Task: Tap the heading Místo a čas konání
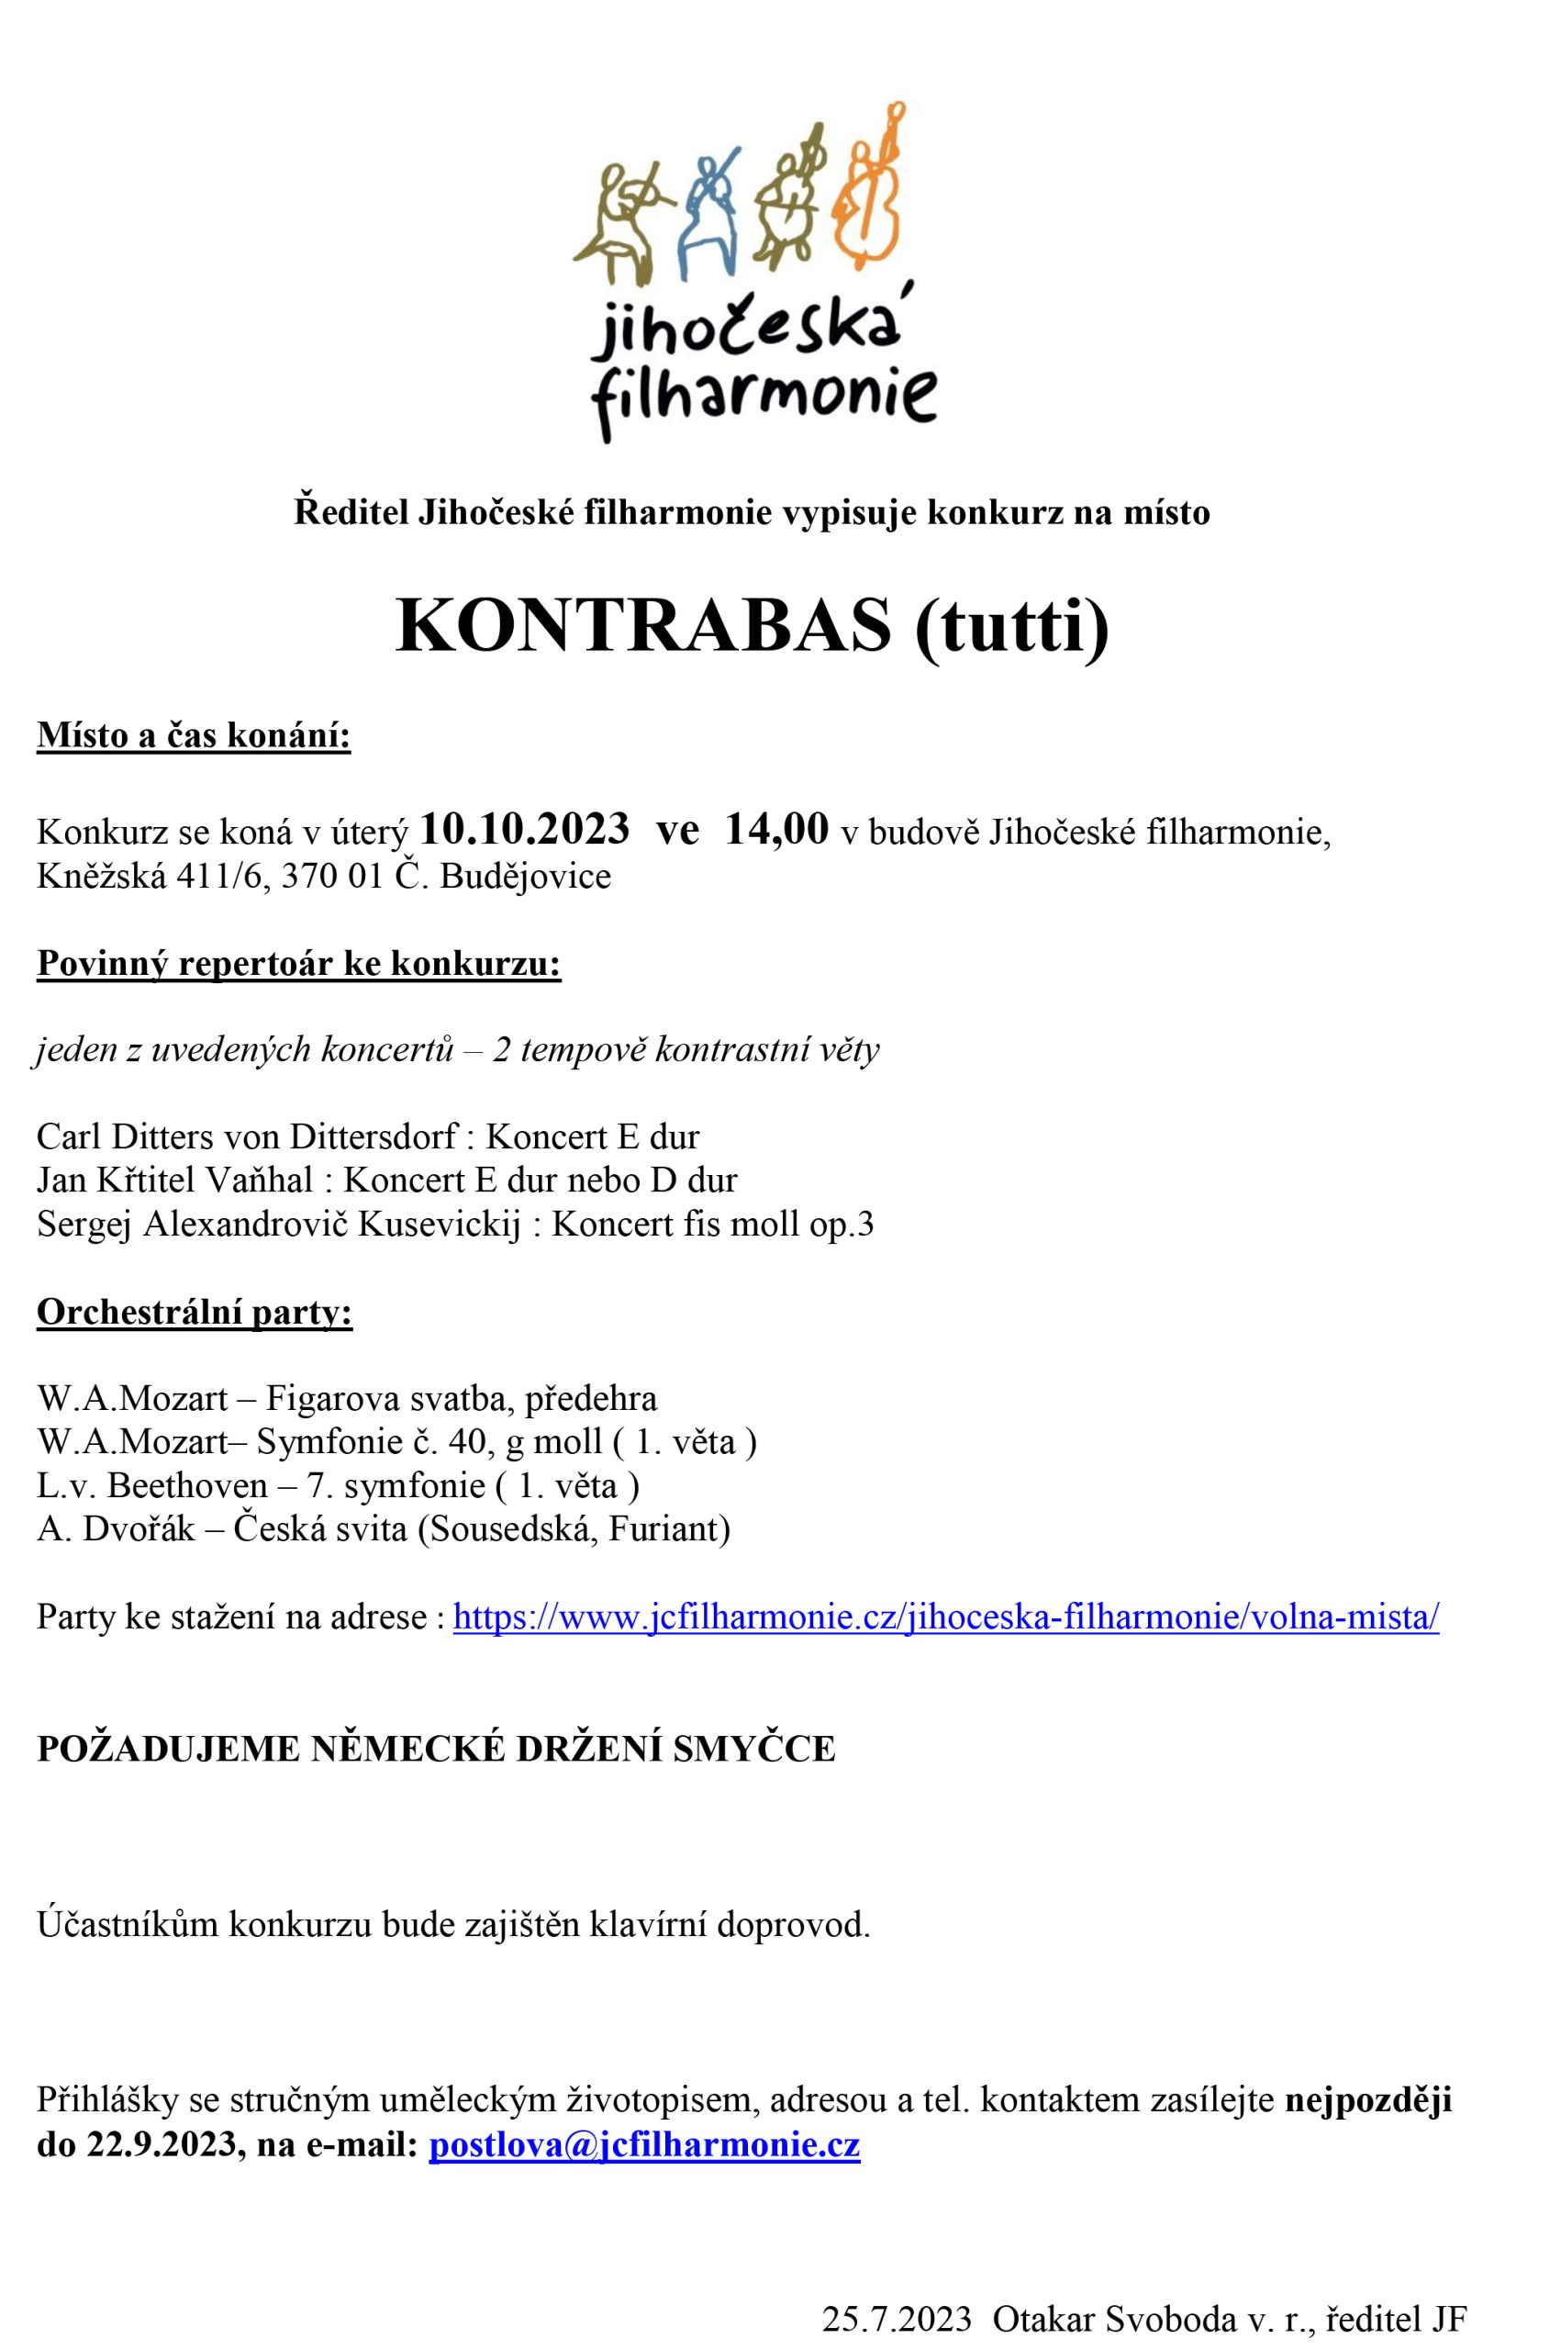(195, 737)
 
